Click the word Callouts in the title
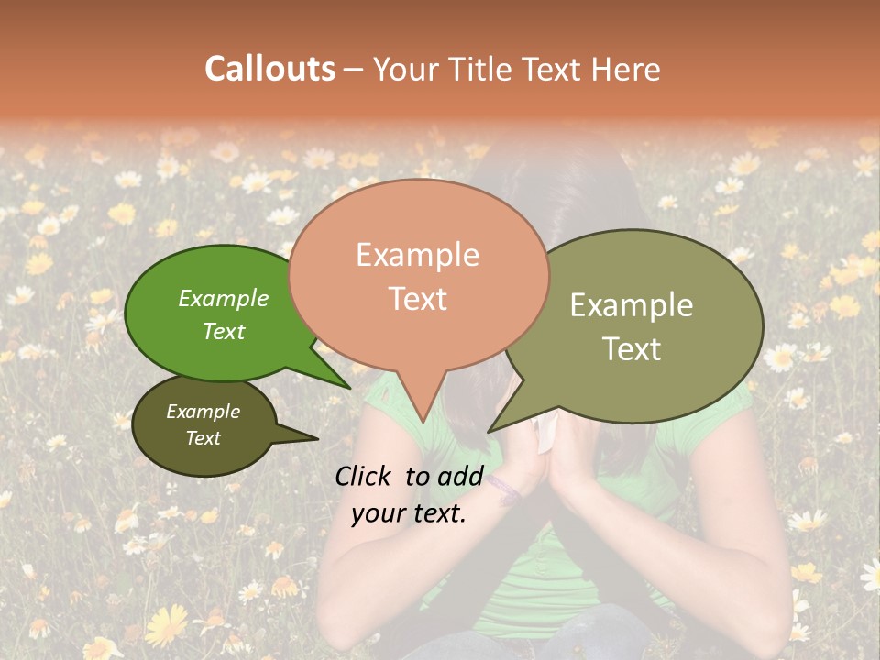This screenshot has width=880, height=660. point(269,69)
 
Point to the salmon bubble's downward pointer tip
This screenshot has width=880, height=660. point(423,420)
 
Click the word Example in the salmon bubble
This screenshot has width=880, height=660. point(417,255)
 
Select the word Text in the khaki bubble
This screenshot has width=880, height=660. point(632,349)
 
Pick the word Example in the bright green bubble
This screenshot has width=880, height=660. point(224,298)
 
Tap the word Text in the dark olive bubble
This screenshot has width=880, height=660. point(203,438)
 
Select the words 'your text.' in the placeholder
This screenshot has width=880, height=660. point(409,513)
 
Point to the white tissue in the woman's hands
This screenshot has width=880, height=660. point(546,431)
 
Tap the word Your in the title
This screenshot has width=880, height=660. point(407,69)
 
